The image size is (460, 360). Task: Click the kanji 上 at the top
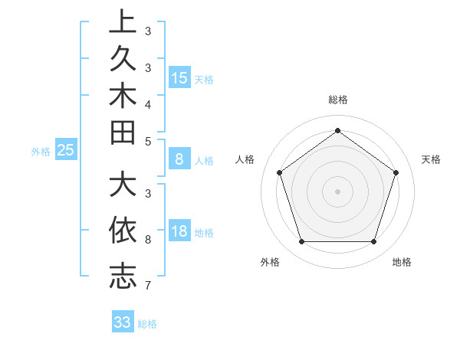tap(123, 21)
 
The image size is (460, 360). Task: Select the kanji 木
tap(123, 95)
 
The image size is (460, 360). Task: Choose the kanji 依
tap(123, 230)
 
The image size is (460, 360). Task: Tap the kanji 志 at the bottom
tap(123, 275)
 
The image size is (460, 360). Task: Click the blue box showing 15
tap(179, 77)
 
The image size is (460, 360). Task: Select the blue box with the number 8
tap(179, 159)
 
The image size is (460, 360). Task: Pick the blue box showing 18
tap(179, 232)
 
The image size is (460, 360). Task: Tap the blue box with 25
tap(65, 150)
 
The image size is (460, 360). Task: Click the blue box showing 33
tap(122, 322)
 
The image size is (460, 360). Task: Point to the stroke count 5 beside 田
tap(148, 142)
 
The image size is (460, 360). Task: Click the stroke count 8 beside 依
tap(148, 240)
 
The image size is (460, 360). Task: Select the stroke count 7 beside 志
tap(148, 286)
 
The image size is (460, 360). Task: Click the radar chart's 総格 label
tap(337, 100)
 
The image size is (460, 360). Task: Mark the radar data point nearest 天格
tap(396, 172)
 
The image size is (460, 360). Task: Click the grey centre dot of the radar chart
tap(337, 191)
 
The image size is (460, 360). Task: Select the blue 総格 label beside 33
tap(147, 324)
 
